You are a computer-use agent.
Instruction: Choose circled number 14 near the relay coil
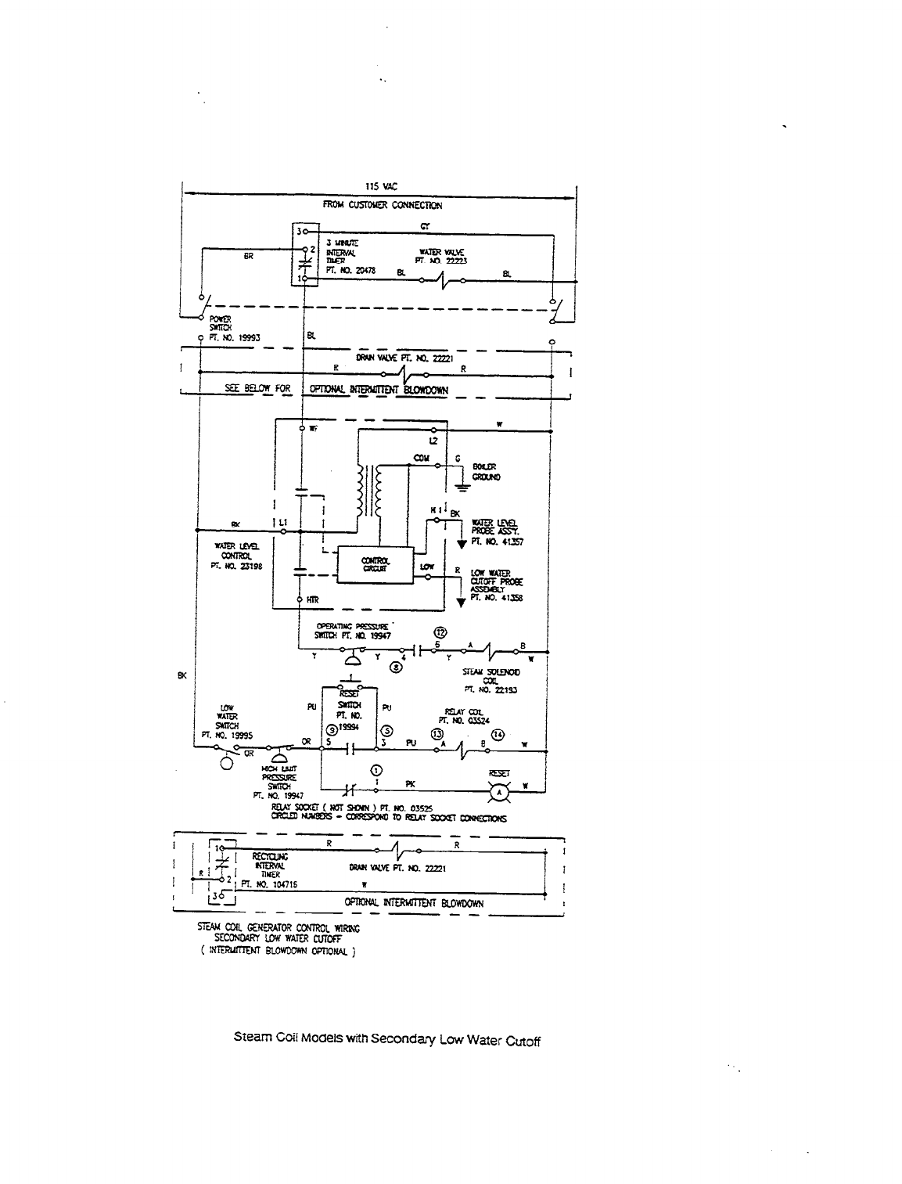[499, 734]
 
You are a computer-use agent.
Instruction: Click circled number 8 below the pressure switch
[397, 667]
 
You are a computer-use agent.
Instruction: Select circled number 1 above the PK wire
[377, 771]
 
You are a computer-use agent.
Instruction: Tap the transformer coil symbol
[370, 491]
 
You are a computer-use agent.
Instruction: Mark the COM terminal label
[422, 459]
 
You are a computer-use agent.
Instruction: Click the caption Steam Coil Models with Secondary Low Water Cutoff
[387, 1040]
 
